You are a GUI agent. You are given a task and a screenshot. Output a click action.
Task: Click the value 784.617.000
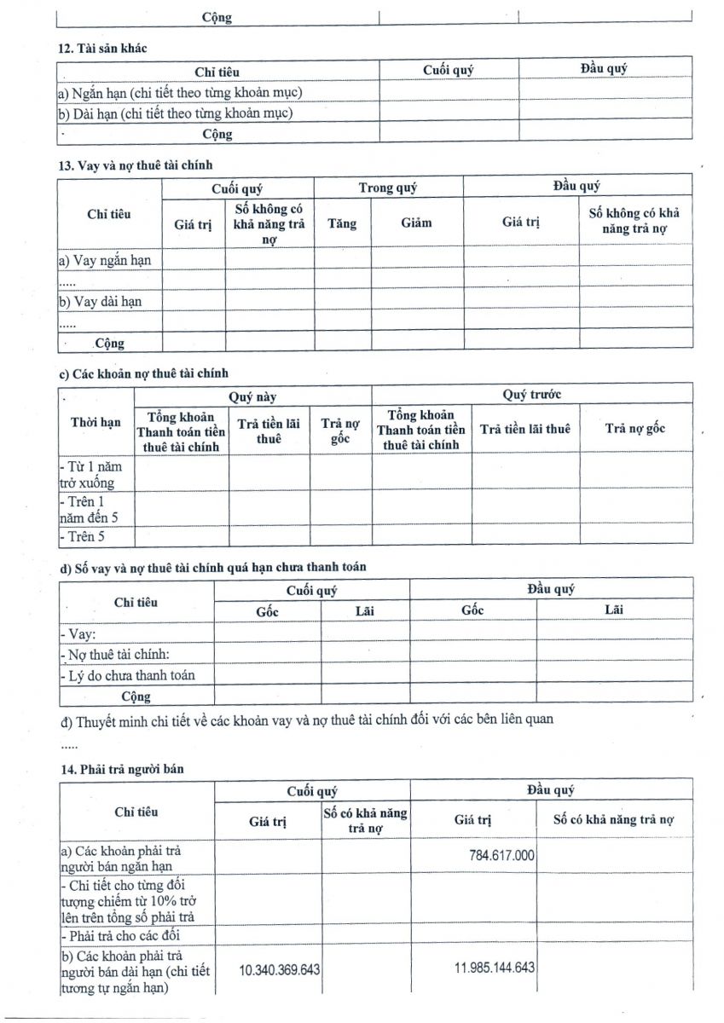click(x=501, y=855)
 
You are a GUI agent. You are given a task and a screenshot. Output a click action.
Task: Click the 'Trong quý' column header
click(x=387, y=188)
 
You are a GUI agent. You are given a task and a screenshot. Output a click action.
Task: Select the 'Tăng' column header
click(x=342, y=223)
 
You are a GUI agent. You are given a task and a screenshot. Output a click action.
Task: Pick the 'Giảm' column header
click(x=416, y=223)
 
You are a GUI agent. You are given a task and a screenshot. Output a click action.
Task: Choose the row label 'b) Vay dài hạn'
click(x=100, y=301)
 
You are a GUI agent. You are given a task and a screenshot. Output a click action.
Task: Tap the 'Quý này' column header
click(x=252, y=396)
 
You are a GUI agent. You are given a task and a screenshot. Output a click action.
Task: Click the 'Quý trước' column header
click(x=531, y=395)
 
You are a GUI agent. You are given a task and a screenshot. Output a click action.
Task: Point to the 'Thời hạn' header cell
click(x=96, y=422)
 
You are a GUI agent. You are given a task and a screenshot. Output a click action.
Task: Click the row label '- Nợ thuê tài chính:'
click(x=115, y=654)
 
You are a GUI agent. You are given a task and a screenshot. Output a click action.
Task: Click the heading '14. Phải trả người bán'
click(x=123, y=769)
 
